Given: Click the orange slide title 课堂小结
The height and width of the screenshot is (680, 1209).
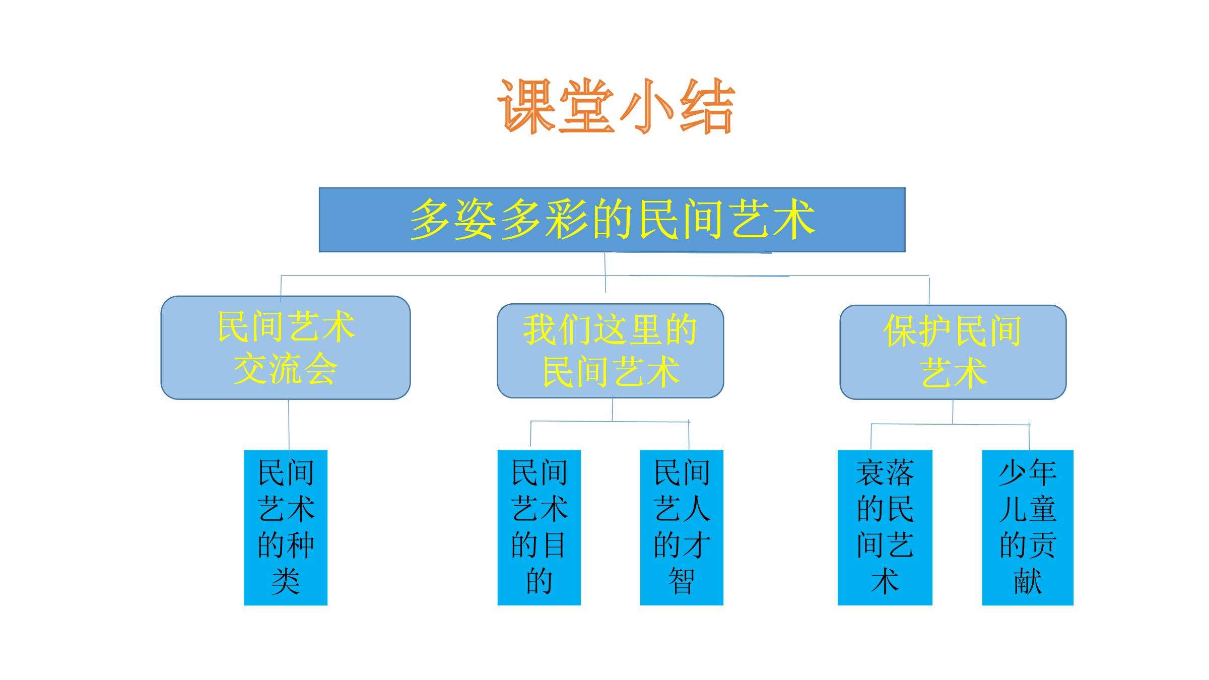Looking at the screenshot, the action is tap(617, 106).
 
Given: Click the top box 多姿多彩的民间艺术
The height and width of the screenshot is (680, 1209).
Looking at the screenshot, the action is tap(612, 220).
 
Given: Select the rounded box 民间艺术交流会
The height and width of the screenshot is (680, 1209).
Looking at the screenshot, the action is tap(286, 348).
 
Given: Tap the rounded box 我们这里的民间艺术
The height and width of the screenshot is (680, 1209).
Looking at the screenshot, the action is tap(611, 351).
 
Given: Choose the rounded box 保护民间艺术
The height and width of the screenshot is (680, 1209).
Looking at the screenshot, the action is tap(953, 352).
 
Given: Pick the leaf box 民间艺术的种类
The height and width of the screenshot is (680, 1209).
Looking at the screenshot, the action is tap(286, 527).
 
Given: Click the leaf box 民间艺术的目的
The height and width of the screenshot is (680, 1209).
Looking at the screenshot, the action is tap(539, 527).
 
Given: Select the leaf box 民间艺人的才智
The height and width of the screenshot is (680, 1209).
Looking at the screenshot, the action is tap(682, 527).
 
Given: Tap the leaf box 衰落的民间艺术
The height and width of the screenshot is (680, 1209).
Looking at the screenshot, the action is tap(885, 527).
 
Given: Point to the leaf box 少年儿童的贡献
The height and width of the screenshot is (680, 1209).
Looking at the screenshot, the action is tap(1028, 527).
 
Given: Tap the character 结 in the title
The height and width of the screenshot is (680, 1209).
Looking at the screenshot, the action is tap(707, 106).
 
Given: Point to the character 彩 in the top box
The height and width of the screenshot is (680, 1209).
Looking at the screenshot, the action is tap(566, 219).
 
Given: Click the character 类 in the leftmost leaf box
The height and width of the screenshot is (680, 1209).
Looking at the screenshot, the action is tap(286, 581).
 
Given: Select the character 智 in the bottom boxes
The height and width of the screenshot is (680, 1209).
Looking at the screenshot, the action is tap(682, 581).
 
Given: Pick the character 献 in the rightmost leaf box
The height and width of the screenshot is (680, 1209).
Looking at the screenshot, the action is tap(1028, 581).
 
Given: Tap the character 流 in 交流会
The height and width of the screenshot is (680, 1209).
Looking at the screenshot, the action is tap(286, 369).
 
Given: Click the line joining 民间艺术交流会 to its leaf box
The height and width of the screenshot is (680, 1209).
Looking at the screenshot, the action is tap(289, 425).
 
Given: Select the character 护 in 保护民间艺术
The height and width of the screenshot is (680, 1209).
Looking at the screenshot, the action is tap(935, 331).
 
